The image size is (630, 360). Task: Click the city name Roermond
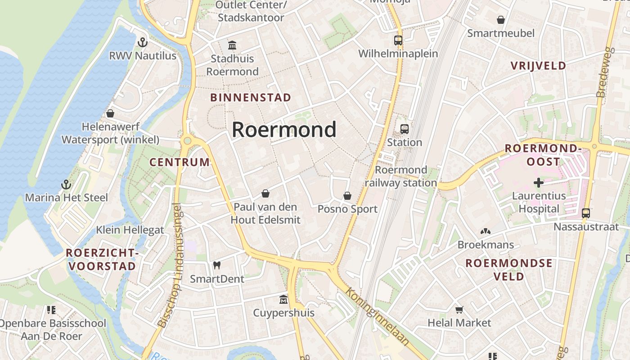click(284, 130)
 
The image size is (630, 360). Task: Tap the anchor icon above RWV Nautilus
click(143, 43)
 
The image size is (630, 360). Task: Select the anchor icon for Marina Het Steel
click(66, 184)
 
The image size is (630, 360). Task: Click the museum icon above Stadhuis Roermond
click(232, 45)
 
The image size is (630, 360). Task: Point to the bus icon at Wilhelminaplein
click(398, 40)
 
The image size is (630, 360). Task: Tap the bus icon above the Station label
click(404, 129)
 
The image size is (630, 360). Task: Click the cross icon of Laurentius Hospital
click(539, 183)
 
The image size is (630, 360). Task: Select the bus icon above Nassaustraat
click(586, 213)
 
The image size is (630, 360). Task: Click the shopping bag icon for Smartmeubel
click(500, 20)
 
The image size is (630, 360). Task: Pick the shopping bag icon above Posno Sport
click(347, 196)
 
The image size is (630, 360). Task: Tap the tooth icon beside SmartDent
click(217, 265)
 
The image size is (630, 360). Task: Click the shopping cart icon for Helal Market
click(459, 310)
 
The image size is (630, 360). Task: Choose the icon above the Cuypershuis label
click(283, 299)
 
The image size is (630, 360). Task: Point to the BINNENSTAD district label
click(251, 98)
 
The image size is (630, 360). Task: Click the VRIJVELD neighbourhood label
click(538, 66)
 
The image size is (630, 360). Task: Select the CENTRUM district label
click(180, 162)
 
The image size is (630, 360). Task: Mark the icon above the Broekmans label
click(485, 232)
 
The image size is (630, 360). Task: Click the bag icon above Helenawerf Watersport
click(110, 113)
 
